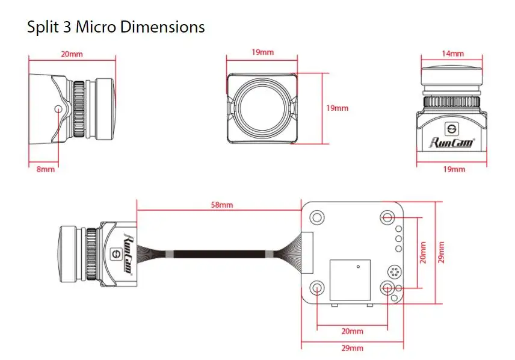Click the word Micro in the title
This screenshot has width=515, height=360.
pyautogui.click(x=96, y=26)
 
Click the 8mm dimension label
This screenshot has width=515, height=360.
pyautogui.click(x=46, y=169)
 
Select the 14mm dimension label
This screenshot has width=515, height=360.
pyautogui.click(x=452, y=54)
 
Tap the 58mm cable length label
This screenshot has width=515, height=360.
pyautogui.click(x=221, y=205)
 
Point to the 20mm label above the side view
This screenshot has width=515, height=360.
pyautogui.click(x=72, y=54)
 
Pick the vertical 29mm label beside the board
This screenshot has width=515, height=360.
pyautogui.click(x=441, y=252)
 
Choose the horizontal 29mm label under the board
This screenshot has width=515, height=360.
pyautogui.click(x=352, y=348)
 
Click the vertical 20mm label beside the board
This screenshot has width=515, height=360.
pyautogui.click(x=423, y=252)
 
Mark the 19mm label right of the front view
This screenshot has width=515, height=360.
pyautogui.click(x=337, y=108)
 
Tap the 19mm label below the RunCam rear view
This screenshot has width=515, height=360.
pyautogui.click(x=454, y=169)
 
